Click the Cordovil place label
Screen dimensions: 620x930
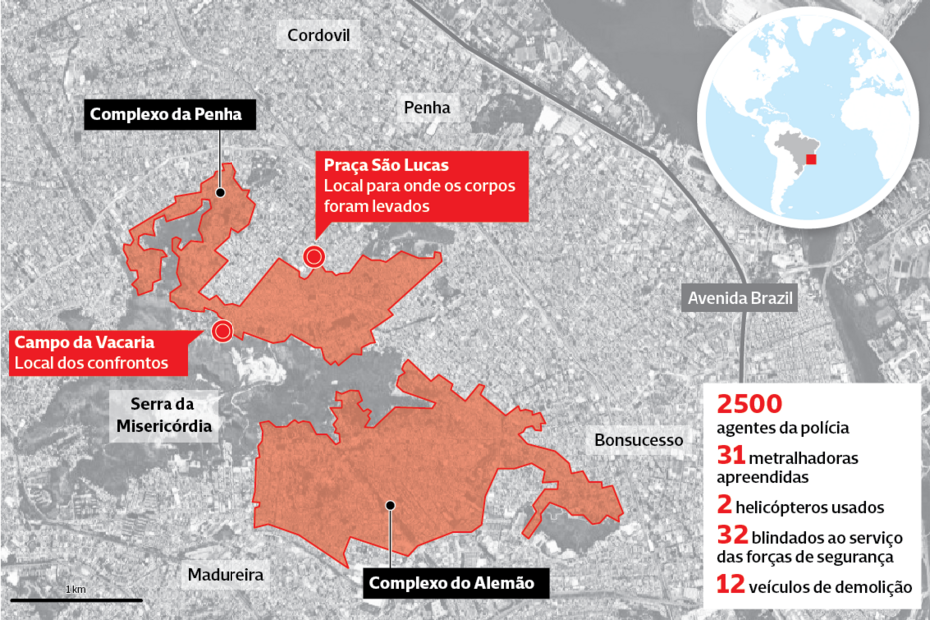pos(319,36)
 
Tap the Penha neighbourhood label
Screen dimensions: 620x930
pos(427,107)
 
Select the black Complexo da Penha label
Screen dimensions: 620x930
pos(166,114)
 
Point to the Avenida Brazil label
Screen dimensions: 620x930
pos(729,297)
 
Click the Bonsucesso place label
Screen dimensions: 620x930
pos(638,439)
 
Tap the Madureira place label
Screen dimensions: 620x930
pos(225,575)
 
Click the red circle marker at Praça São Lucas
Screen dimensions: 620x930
pos(314,258)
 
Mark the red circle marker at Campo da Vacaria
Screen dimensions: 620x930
pos(222,331)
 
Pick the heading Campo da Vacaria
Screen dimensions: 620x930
pos(76,342)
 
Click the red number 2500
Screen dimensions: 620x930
pos(749,405)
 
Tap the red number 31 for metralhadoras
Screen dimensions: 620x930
pos(730,455)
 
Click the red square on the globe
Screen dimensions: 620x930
pos(811,159)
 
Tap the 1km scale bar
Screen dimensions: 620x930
pos(76,600)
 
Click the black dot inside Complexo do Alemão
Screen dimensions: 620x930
pos(391,504)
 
